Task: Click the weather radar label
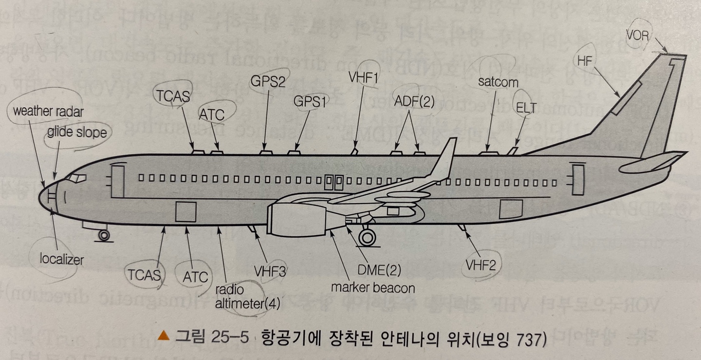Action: click(x=48, y=111)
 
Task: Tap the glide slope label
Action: click(x=77, y=133)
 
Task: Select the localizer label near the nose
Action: click(x=62, y=259)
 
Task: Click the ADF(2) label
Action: click(x=414, y=102)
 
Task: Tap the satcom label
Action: click(x=498, y=82)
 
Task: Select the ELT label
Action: click(x=526, y=108)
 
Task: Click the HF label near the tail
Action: click(x=585, y=61)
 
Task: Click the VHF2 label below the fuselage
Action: click(x=480, y=265)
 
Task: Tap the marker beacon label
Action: click(x=373, y=287)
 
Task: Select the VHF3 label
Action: click(x=270, y=271)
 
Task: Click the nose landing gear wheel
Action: click(x=104, y=236)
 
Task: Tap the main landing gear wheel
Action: click(x=368, y=237)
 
